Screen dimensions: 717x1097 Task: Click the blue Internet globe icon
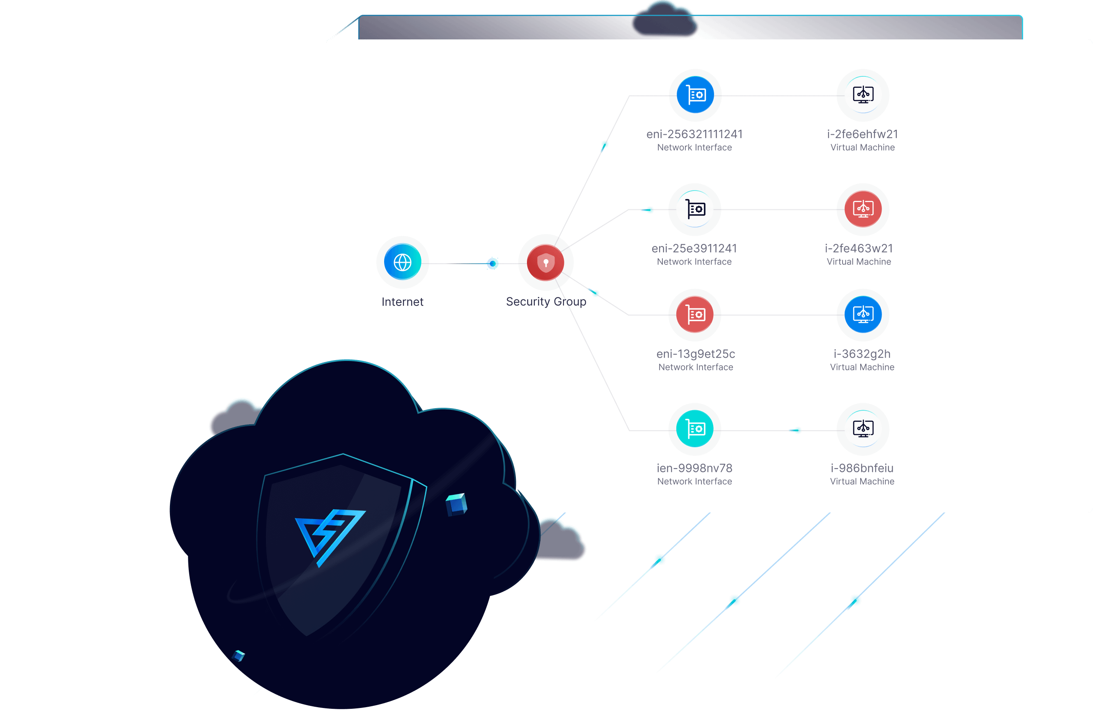coord(402,262)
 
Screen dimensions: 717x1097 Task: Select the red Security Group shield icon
coord(545,262)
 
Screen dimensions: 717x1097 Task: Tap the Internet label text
coord(402,301)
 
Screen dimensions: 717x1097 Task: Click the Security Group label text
coord(546,301)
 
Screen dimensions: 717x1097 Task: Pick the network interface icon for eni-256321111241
coord(695,95)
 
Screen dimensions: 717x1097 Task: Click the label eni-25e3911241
coord(694,248)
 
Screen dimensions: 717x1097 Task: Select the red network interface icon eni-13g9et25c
coord(695,315)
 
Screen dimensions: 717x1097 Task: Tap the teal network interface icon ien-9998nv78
coord(695,428)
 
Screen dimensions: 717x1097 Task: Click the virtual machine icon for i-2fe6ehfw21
coord(863,95)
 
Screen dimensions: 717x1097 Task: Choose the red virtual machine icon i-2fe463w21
coord(863,209)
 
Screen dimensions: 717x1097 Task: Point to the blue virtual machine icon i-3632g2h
coord(863,315)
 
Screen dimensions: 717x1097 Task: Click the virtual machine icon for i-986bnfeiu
coord(863,428)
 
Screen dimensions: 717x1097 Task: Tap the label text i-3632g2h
coord(862,354)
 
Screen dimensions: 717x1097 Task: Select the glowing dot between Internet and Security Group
coord(493,263)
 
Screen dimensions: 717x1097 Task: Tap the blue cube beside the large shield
coord(456,504)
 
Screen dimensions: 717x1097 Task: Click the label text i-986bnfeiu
coord(862,468)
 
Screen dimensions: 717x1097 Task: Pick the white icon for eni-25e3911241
coord(695,209)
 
